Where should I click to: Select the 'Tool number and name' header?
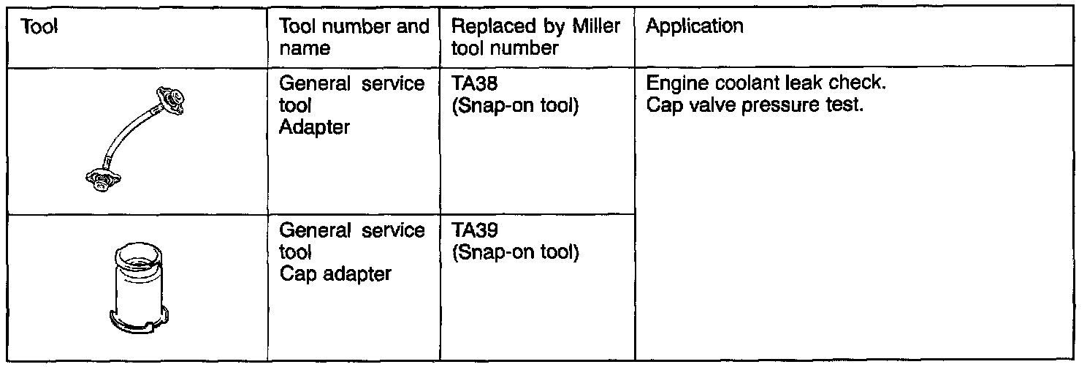pyautogui.click(x=354, y=37)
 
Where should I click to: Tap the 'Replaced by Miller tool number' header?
pyautogui.click(x=536, y=37)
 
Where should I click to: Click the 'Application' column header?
pyautogui.click(x=695, y=28)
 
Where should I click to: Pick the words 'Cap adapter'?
pyautogui.click(x=335, y=274)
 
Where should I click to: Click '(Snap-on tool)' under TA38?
pyautogui.click(x=516, y=105)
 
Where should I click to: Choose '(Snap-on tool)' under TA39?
pyautogui.click(x=516, y=253)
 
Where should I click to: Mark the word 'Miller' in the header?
pyautogui.click(x=598, y=28)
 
